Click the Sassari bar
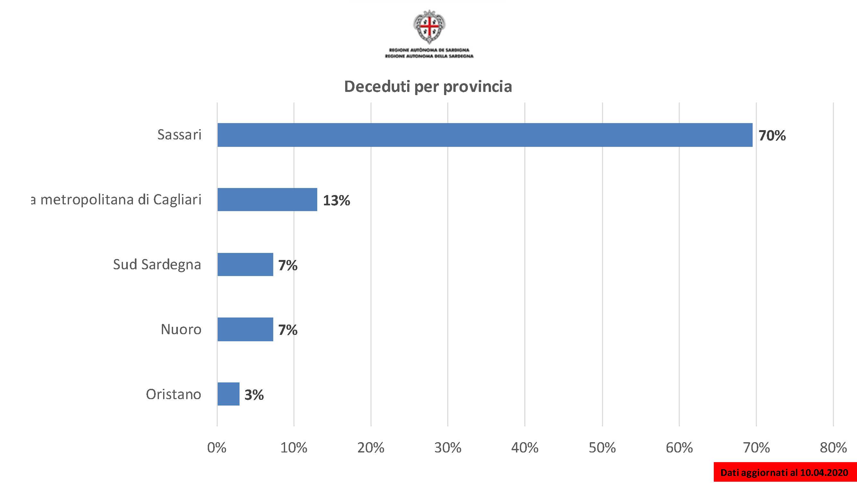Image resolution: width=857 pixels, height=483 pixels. (485, 135)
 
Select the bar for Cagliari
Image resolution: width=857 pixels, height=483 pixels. (267, 199)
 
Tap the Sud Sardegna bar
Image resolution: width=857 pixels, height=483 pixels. (245, 264)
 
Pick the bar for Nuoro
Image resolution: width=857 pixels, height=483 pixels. (245, 329)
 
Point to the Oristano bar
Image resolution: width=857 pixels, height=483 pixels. (228, 394)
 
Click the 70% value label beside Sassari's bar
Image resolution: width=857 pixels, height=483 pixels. (772, 136)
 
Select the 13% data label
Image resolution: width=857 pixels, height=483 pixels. (336, 201)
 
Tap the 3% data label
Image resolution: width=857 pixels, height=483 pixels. (254, 395)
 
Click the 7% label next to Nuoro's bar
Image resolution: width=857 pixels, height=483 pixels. (288, 330)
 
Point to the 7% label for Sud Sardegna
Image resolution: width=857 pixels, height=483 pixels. (288, 265)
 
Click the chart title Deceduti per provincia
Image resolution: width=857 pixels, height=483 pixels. (428, 86)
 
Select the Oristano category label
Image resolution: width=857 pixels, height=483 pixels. (173, 394)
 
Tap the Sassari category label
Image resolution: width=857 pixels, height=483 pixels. (179, 135)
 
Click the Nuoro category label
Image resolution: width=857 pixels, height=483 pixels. (181, 329)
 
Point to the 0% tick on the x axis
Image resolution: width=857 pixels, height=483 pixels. (217, 448)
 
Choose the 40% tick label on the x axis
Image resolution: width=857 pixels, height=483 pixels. (525, 448)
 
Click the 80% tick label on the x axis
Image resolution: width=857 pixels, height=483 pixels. (833, 448)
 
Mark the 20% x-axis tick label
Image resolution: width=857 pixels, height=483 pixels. (371, 448)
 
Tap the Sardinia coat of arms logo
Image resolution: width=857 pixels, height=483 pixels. (429, 27)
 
